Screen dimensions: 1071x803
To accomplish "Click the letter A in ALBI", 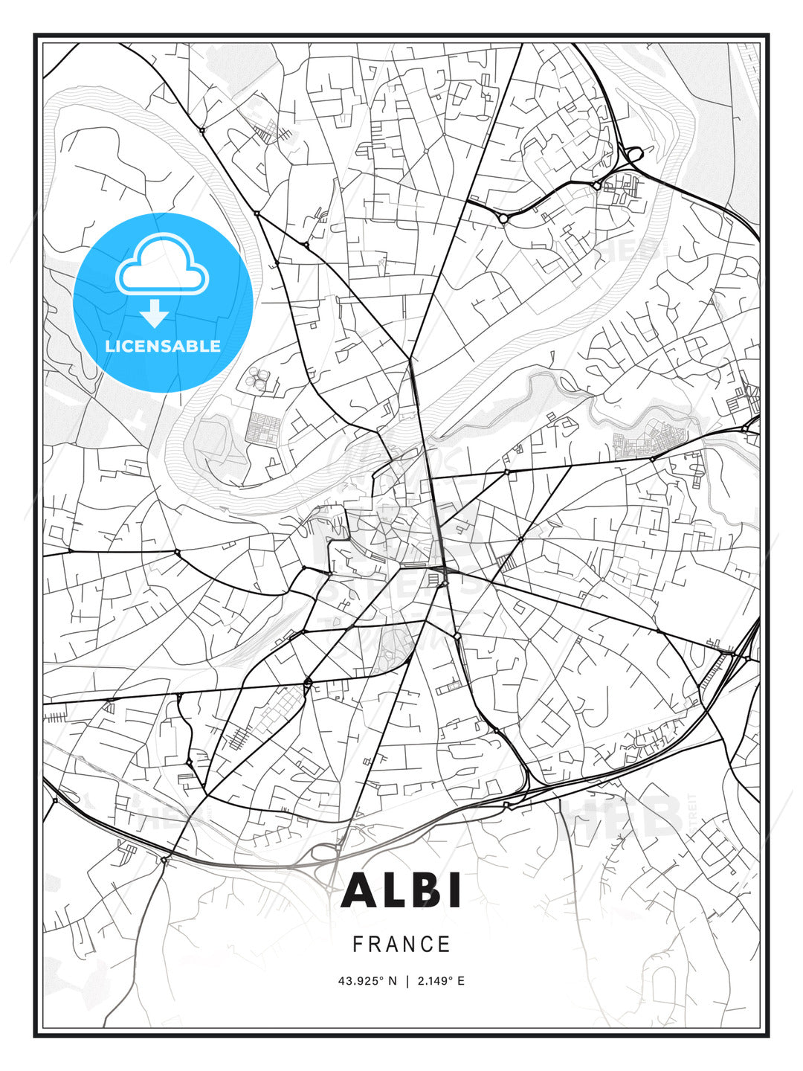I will pyautogui.click(x=361, y=890).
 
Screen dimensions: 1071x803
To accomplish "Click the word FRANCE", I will pyautogui.click(x=401, y=945).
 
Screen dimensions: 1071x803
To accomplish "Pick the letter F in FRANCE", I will pyautogui.click(x=358, y=945).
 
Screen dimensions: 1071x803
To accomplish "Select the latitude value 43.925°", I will pyautogui.click(x=361, y=981).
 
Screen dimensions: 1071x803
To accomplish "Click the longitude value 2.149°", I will pyautogui.click(x=435, y=981).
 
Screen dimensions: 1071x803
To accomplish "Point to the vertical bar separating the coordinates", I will pyautogui.click(x=407, y=981).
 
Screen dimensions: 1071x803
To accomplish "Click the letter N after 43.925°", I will pyautogui.click(x=392, y=981).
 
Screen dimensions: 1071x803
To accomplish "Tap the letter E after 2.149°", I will pyautogui.click(x=461, y=981).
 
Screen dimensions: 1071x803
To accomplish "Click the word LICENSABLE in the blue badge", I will pyautogui.click(x=163, y=346).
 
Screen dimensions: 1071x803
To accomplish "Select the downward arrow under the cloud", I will pyautogui.click(x=154, y=314).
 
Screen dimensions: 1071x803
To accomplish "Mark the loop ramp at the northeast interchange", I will pyautogui.click(x=634, y=155).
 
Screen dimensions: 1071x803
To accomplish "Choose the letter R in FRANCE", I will pyautogui.click(x=375, y=945).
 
